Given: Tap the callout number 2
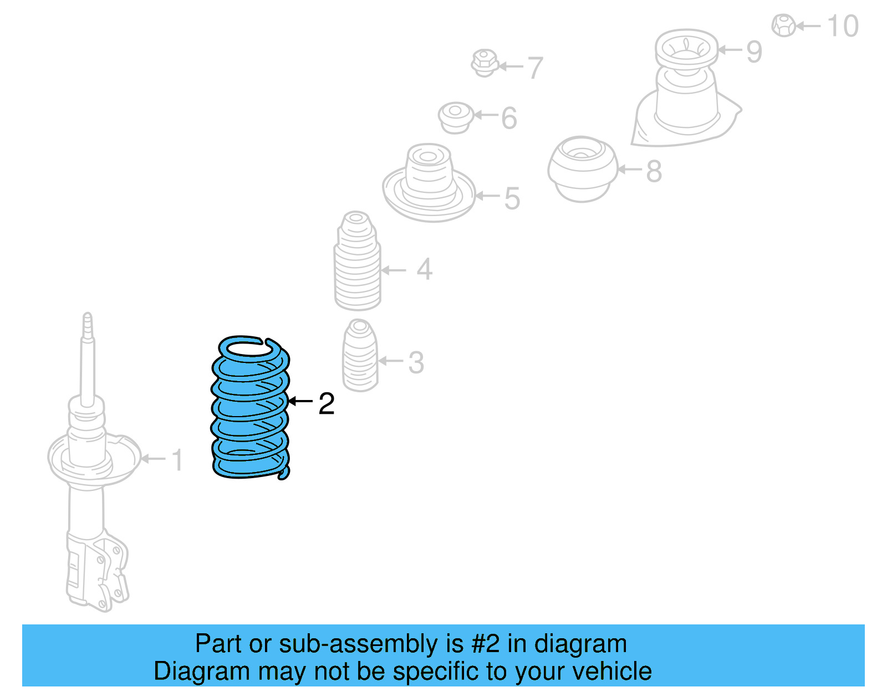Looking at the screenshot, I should [327, 404].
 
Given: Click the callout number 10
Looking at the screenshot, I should [843, 26].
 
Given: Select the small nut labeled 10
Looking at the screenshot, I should [784, 25].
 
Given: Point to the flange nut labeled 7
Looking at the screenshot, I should [485, 63].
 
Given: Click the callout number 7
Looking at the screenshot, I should [535, 68].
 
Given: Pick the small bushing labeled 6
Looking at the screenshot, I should [456, 117].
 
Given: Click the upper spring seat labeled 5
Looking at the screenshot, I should [429, 186].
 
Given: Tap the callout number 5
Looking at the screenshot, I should [512, 198].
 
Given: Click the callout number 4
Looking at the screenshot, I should [424, 269].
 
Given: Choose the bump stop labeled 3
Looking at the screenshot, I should [360, 356].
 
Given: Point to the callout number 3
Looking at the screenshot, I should [416, 363].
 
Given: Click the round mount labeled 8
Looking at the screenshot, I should [583, 168].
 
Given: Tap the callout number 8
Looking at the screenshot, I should [654, 171].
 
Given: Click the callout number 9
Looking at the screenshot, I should [754, 52].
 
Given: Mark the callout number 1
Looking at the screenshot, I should [177, 460].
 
